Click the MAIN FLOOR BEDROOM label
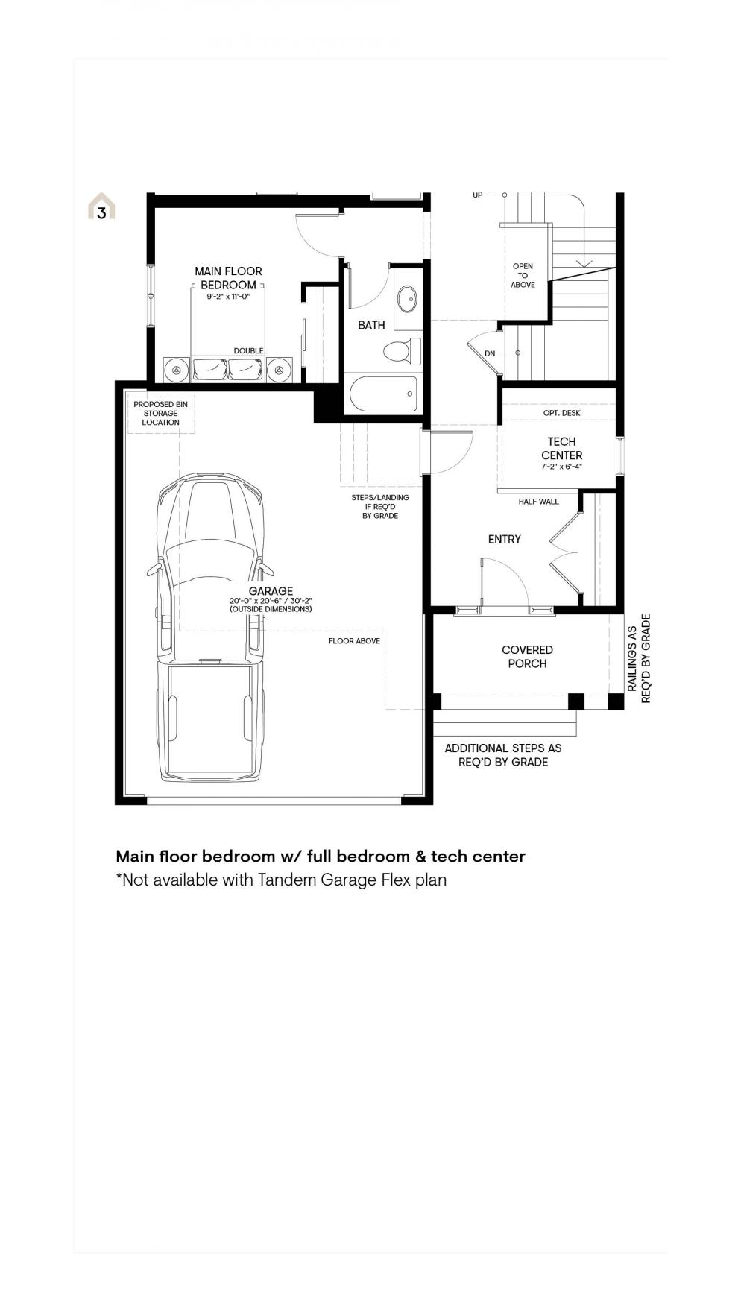(228, 278)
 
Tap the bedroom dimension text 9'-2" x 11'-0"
(228, 296)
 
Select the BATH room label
(371, 325)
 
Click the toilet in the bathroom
(402, 350)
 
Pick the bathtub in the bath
(383, 394)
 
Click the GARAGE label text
(271, 591)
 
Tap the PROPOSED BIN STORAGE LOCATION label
(160, 413)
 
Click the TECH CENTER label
(562, 448)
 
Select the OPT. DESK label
(562, 413)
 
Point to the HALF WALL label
(538, 502)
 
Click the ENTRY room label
(505, 539)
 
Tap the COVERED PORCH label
(527, 657)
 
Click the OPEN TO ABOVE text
(523, 275)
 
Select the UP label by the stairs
(477, 195)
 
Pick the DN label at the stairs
(490, 353)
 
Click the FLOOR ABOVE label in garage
(354, 641)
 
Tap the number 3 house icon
(101, 206)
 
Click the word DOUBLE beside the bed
(248, 350)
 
